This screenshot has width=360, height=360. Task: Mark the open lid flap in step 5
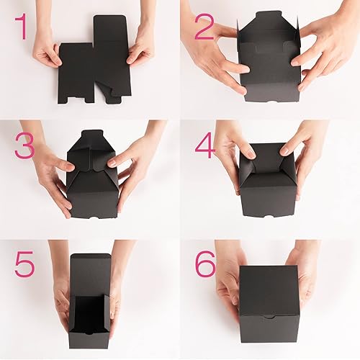[91, 269]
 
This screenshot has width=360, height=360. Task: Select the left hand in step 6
[229, 288]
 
